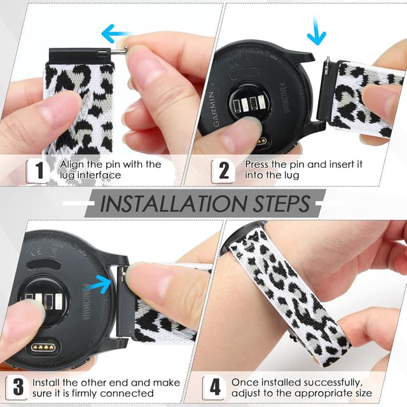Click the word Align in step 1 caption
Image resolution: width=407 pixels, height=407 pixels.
(72, 164)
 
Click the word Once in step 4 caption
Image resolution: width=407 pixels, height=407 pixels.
(244, 382)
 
